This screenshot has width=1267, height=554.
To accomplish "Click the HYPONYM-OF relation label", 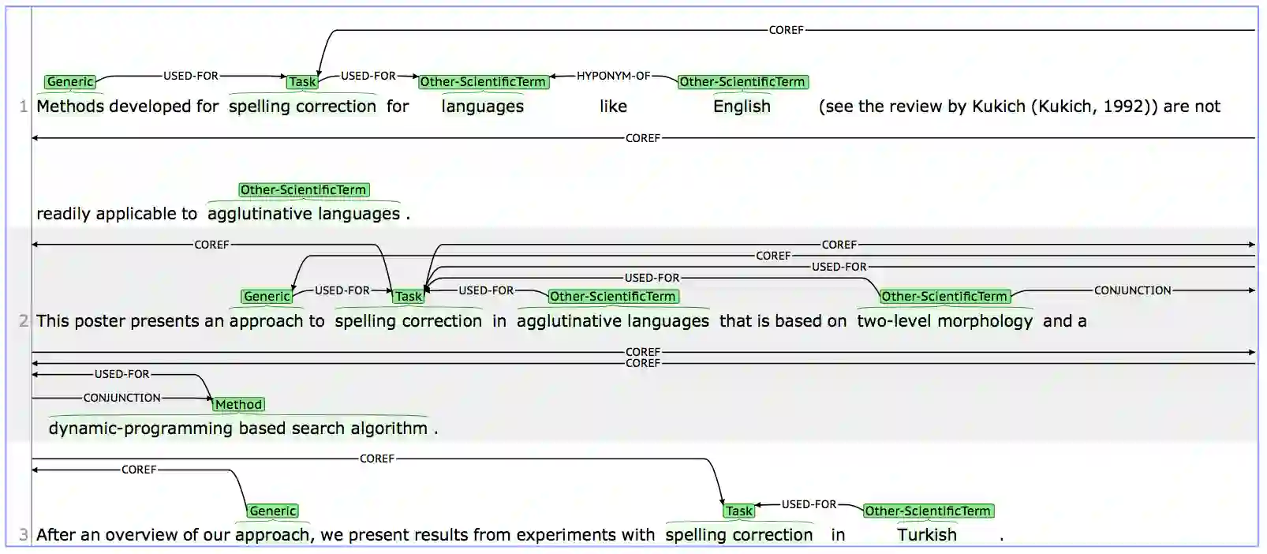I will pos(613,76).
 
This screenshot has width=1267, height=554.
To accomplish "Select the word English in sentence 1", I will pos(742,107).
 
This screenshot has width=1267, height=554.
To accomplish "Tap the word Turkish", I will pos(926,535).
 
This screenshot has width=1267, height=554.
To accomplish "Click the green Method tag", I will pos(238,405).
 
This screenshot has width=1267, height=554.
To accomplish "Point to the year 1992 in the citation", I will pos(1121,107).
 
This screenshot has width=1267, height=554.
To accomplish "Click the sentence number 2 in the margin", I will pos(23,321).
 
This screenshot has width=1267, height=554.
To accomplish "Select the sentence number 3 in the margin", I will pos(23,535).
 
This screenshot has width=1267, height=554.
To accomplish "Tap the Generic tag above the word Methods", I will pos(70,82).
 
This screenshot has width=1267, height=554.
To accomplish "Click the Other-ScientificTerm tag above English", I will pos(742,82).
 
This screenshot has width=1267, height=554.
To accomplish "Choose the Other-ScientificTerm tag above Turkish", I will pos(927,511).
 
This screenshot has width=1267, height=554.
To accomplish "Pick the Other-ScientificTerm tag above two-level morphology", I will pos(944,297).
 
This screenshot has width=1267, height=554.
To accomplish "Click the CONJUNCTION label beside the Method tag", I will pos(121,398).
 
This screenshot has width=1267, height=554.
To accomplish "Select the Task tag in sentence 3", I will pos(738,511).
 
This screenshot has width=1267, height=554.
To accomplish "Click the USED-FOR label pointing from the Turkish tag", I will pos(808,504).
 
